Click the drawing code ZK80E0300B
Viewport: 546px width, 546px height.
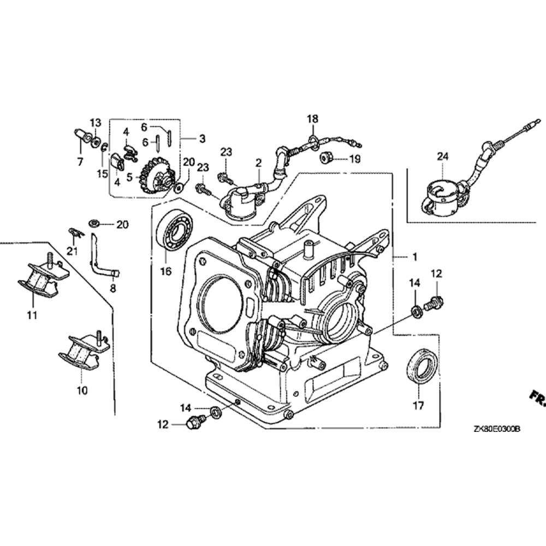(497, 429)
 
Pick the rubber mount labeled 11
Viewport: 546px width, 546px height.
(38, 280)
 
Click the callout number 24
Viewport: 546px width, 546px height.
(442, 157)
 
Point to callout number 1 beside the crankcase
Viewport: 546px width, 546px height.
(414, 256)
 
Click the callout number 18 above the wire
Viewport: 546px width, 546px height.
(312, 118)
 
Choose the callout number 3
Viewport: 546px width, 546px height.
(202, 139)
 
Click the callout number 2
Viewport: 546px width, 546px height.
(258, 162)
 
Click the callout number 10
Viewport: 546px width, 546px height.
(82, 390)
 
